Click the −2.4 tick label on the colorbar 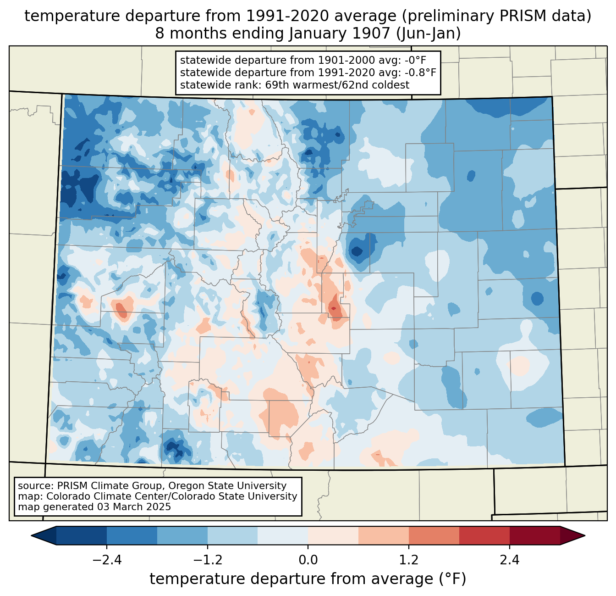click(107, 560)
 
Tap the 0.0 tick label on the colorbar click(308, 560)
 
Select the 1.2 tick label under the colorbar click(409, 560)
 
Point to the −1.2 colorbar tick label click(207, 560)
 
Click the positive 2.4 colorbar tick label click(509, 560)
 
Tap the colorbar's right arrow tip click(583, 535)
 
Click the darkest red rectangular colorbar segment click(534, 535)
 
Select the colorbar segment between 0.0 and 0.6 click(333, 535)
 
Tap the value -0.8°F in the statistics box click(420, 72)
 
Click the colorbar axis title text click(308, 579)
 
